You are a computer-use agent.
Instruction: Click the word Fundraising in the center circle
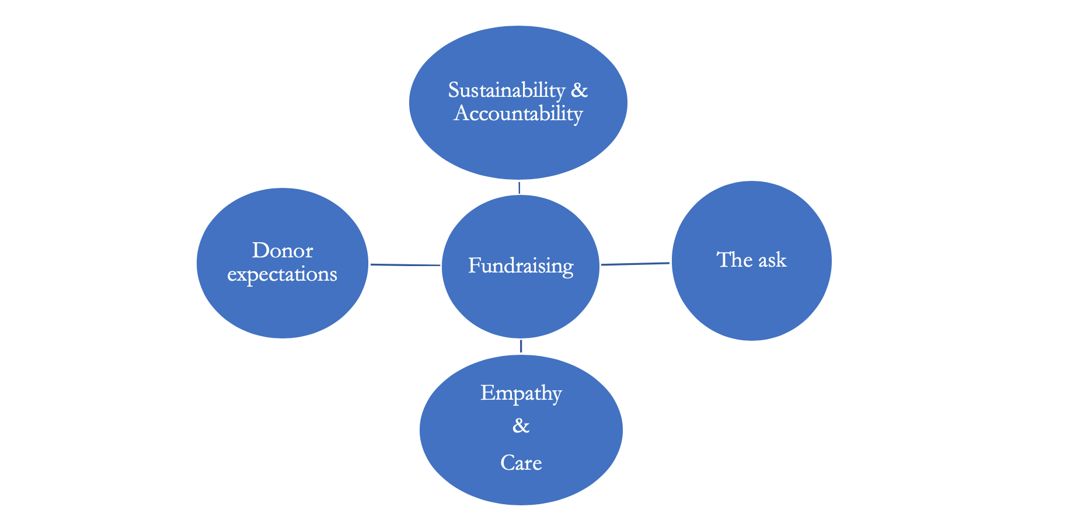521,266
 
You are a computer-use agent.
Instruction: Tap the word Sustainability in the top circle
506,90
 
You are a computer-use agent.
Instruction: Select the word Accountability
518,113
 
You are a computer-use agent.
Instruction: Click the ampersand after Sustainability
579,90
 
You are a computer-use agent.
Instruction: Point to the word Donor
283,251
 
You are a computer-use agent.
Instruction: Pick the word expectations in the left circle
282,274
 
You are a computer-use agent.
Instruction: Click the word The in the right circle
733,260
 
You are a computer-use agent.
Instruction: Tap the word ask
772,260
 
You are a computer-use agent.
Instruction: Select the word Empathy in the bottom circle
521,393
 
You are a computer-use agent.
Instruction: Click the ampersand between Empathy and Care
521,427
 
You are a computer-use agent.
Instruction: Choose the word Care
521,463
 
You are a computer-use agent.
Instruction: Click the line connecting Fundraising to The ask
635,264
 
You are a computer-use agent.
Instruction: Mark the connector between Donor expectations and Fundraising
405,265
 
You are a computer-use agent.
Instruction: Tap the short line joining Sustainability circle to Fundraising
519,187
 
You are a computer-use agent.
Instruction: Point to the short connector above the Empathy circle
521,346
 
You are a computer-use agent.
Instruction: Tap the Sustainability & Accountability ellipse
518,146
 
